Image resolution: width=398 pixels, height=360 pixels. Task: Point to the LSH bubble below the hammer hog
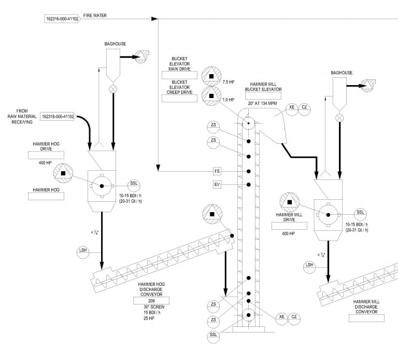[x=82, y=251]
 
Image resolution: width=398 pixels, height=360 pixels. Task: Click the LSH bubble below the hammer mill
[x=309, y=265]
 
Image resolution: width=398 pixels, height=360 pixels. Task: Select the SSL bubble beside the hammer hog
[x=134, y=184]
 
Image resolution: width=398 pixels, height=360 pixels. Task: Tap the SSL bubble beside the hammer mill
[x=360, y=212]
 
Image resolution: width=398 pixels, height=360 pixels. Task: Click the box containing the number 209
[x=152, y=300]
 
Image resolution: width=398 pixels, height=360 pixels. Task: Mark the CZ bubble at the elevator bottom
[x=295, y=316]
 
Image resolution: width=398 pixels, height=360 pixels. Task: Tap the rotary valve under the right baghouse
[x=339, y=118]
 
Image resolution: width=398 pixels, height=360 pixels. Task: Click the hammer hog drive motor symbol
[x=63, y=173]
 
